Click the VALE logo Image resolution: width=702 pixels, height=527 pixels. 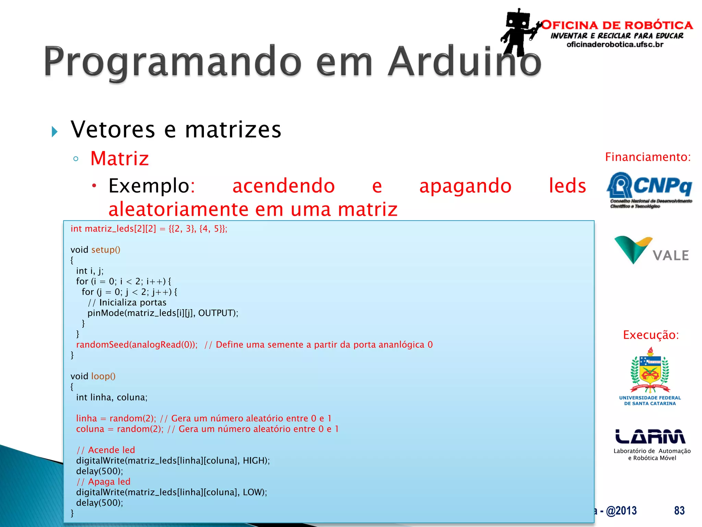pyautogui.click(x=651, y=250)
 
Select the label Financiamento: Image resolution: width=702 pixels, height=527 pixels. pyautogui.click(x=647, y=157)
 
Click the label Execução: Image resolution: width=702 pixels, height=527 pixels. pyautogui.click(x=651, y=335)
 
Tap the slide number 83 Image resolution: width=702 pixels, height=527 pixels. pyautogui.click(x=679, y=511)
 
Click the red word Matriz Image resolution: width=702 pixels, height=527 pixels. pyautogui.click(x=120, y=159)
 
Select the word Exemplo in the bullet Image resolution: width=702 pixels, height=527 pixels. pyautogui.click(x=149, y=186)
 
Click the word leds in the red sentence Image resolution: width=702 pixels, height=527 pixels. pyautogui.click(x=567, y=186)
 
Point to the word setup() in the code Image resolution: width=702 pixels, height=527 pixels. pyautogui.click(x=106, y=250)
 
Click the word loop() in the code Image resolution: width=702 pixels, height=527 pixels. pyautogui.click(x=103, y=376)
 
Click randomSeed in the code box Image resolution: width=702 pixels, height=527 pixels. pyautogui.click(x=102, y=345)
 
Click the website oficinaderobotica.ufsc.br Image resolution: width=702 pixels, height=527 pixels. pyautogui.click(x=615, y=45)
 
